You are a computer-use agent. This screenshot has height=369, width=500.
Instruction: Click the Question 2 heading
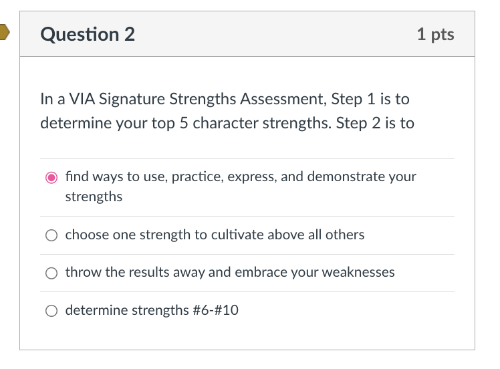pos(88,35)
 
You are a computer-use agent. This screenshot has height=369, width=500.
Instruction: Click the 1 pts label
pos(435,35)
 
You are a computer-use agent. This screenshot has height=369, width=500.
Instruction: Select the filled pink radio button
pos(51,177)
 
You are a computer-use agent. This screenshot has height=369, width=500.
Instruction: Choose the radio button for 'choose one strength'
pos(51,235)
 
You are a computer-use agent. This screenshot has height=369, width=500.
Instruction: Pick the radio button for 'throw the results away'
pos(51,273)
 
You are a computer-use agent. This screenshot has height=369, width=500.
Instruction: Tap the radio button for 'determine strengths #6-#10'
pos(51,311)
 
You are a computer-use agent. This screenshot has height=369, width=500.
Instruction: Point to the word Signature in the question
pos(132,100)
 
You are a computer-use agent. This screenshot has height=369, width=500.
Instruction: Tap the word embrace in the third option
pos(255,272)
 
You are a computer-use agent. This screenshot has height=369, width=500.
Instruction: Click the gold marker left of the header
pos(4,32)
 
